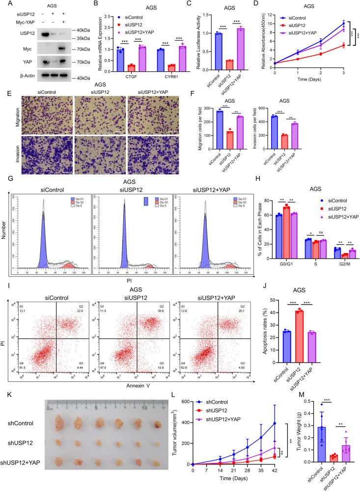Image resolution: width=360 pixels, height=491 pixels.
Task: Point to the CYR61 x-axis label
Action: (162, 76)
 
